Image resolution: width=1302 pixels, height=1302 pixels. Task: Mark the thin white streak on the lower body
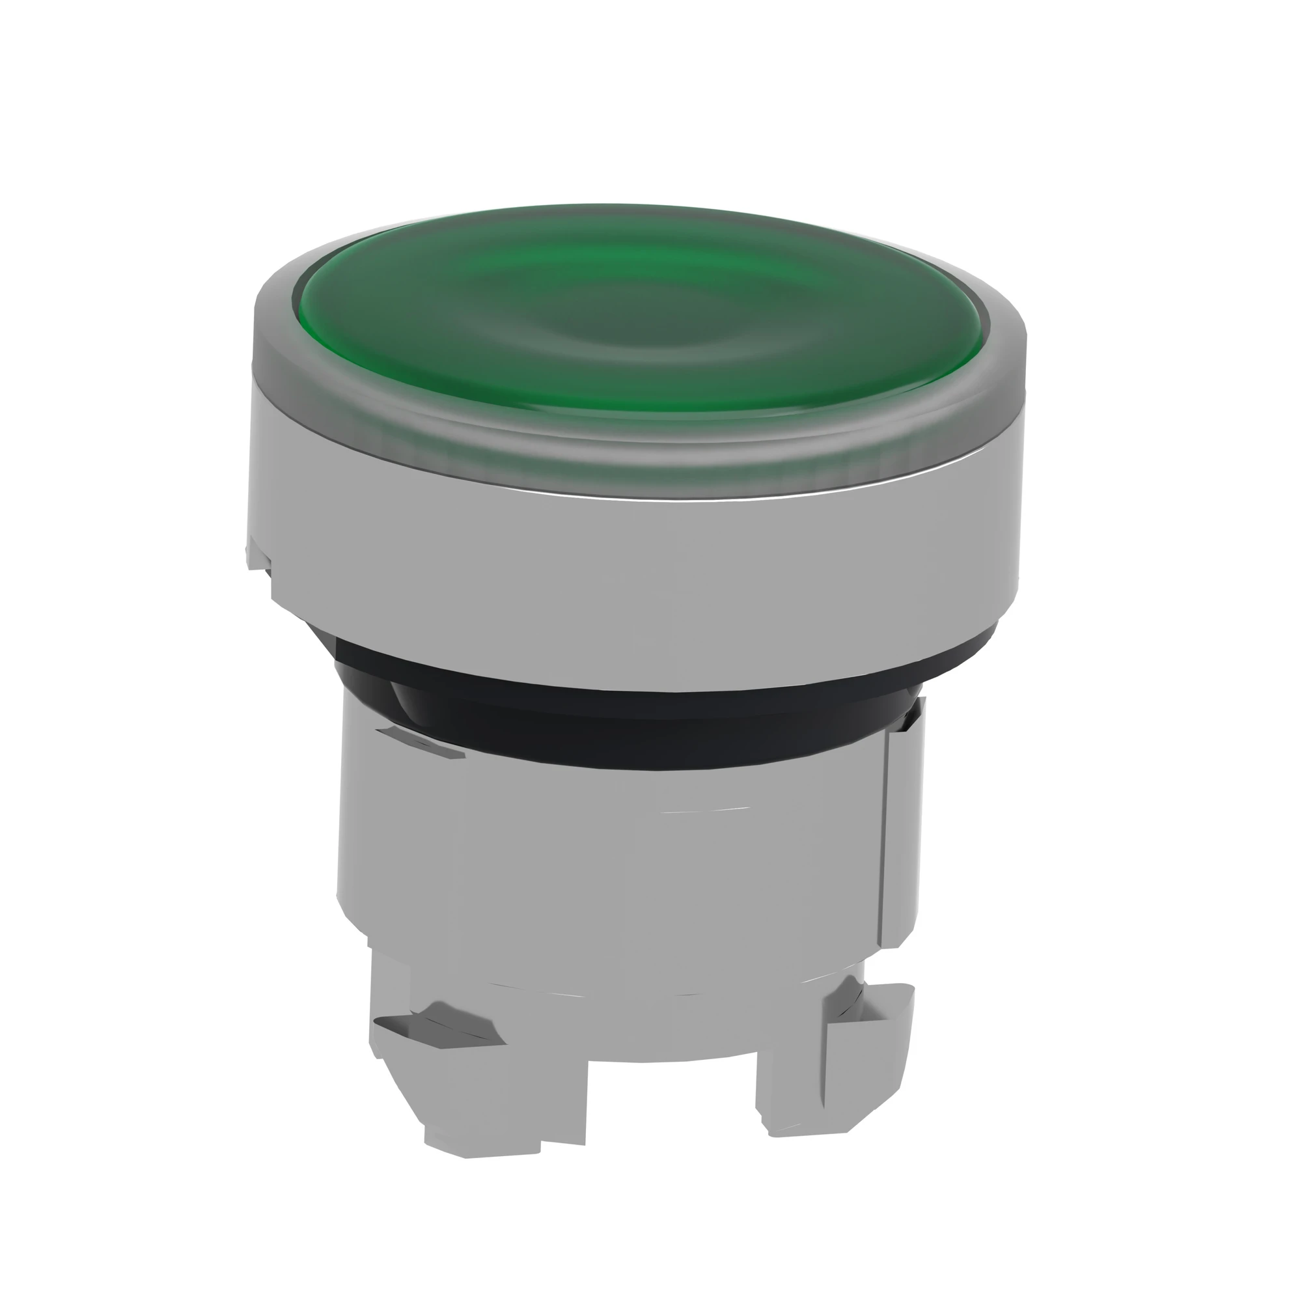708,809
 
